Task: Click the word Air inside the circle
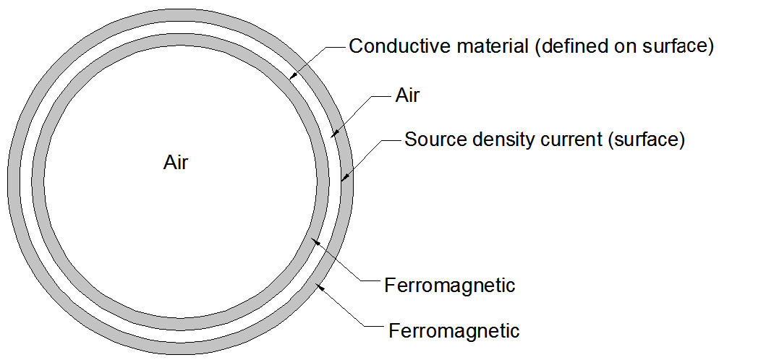176,163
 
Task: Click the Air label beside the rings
407,95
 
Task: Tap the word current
571,140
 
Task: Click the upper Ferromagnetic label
449,286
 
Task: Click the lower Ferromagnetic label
454,331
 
